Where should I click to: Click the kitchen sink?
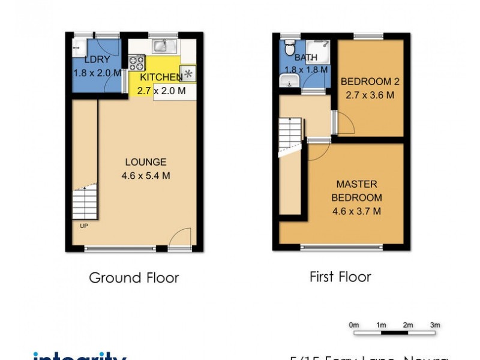pyautogui.click(x=160, y=45)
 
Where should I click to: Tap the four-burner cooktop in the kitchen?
pyautogui.click(x=137, y=62)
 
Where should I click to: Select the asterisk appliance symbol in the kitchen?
pyautogui.click(x=188, y=74)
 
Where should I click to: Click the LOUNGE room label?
pyautogui.click(x=145, y=162)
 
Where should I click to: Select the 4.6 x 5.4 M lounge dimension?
pyautogui.click(x=145, y=176)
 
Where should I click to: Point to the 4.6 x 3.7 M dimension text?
pyautogui.click(x=357, y=211)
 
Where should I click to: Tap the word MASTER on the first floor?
pyautogui.click(x=356, y=184)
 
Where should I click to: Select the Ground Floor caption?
pyautogui.click(x=134, y=278)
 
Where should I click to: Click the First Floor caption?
pyautogui.click(x=340, y=277)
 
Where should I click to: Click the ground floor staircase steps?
pyautogui.click(x=85, y=202)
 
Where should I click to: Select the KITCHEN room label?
pyautogui.click(x=161, y=77)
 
